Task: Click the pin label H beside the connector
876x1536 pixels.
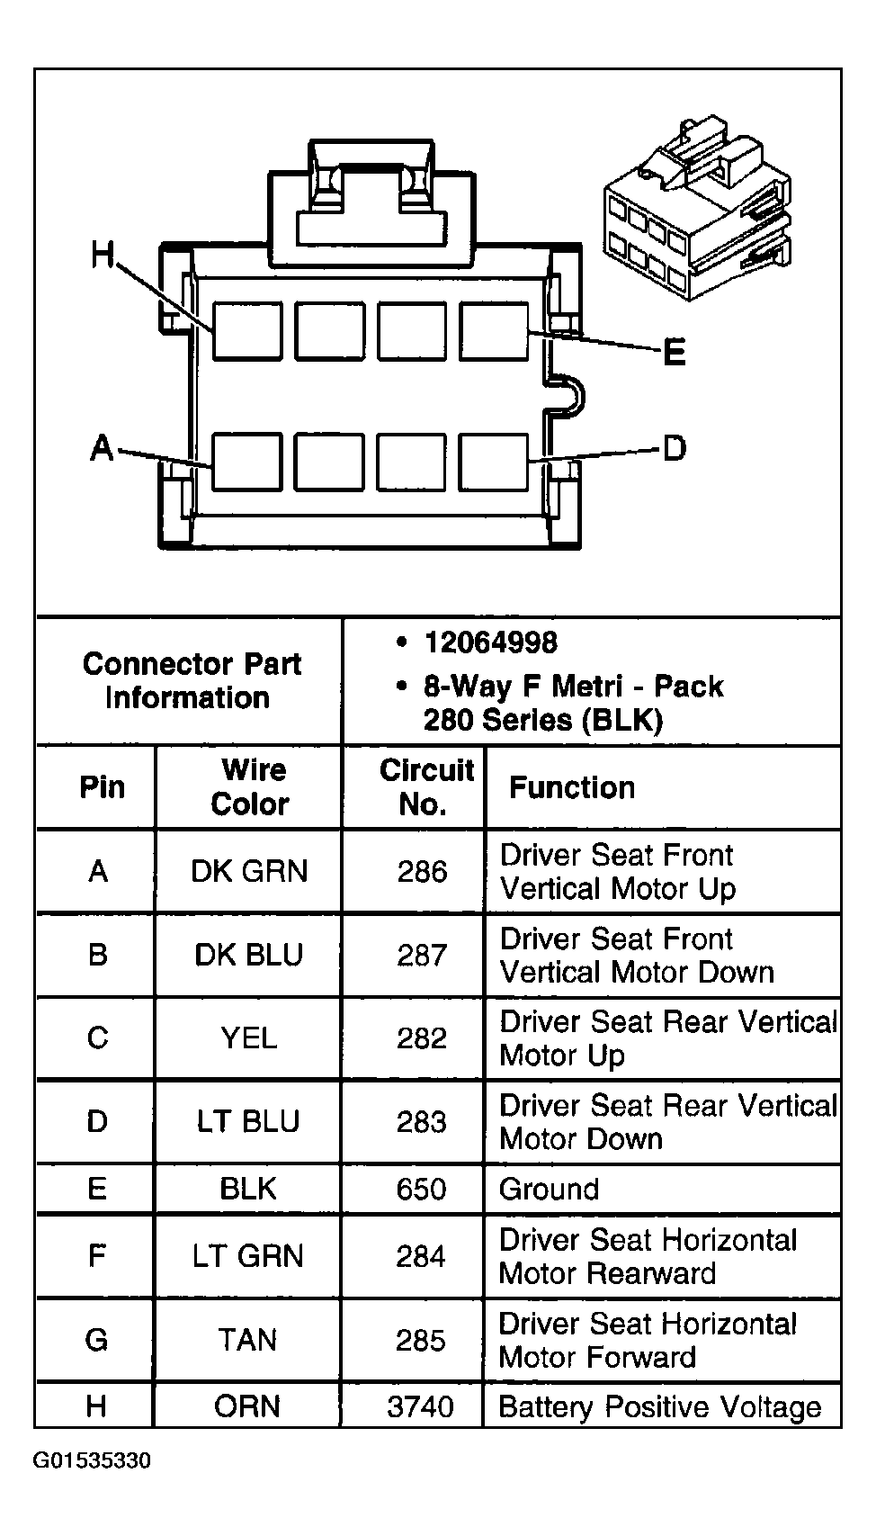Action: [103, 255]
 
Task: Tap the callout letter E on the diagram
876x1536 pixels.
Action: [675, 353]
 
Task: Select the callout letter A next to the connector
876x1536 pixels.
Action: [103, 448]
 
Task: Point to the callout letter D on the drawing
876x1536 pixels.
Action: [675, 448]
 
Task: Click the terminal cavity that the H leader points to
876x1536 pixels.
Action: [247, 331]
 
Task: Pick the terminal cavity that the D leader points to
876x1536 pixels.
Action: [494, 462]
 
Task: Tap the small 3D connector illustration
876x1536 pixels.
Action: [698, 209]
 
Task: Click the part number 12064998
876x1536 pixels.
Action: [491, 643]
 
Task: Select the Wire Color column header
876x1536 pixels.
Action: [251, 786]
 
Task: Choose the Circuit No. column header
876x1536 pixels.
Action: [426, 786]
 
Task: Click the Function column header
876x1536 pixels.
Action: [572, 787]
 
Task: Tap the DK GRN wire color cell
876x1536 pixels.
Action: [249, 871]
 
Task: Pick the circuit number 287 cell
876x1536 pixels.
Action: [422, 955]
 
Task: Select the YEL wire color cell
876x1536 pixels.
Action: [249, 1038]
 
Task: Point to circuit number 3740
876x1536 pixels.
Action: [420, 1407]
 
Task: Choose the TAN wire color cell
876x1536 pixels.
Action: [247, 1340]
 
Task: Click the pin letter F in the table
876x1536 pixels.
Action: [96, 1255]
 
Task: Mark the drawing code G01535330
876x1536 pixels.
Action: [92, 1460]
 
